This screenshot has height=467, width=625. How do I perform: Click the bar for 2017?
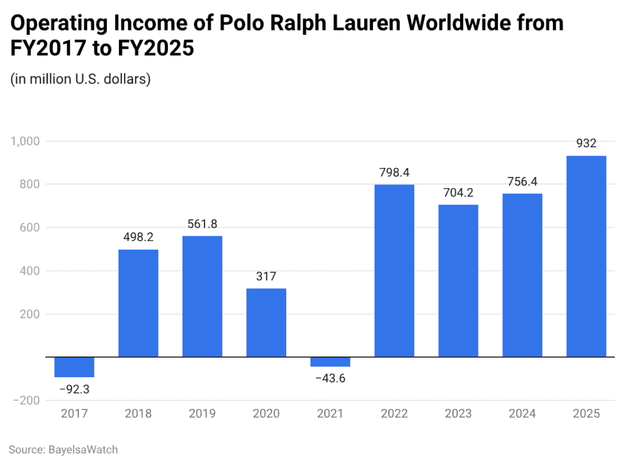(74, 367)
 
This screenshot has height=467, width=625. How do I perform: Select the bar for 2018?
(138, 303)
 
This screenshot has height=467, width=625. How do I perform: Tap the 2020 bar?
(266, 322)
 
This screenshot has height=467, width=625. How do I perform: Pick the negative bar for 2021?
(330, 362)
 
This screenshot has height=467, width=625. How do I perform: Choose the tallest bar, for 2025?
(586, 256)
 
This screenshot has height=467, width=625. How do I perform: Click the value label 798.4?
(394, 173)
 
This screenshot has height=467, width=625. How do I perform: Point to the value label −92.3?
(74, 388)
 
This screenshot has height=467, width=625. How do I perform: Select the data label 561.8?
(202, 224)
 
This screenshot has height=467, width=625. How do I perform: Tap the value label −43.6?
(330, 378)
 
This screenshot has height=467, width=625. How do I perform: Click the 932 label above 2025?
(586, 144)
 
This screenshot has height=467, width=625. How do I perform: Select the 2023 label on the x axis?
(458, 414)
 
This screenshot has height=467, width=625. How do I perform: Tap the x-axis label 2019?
(202, 414)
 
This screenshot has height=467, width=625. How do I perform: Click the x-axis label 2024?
(522, 414)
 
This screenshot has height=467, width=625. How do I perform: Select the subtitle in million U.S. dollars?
(81, 79)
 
